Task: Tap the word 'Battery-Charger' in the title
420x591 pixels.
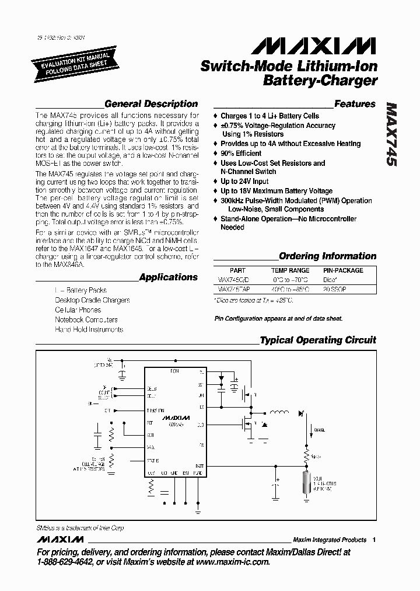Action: (320, 81)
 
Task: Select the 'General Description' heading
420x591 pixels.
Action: (151, 104)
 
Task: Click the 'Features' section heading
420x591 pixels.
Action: (355, 104)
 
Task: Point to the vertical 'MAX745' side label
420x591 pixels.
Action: (392, 135)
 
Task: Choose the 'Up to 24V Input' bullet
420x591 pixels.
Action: (244, 182)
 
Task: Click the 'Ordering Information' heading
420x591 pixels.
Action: (327, 256)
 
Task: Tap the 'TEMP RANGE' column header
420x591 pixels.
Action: (290, 270)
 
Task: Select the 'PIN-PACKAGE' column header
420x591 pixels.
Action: (343, 270)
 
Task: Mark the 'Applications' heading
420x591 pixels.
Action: (169, 277)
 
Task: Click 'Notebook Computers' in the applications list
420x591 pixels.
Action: (86, 319)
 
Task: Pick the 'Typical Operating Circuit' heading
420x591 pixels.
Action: (318, 340)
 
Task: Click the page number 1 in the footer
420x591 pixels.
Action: (373, 540)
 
